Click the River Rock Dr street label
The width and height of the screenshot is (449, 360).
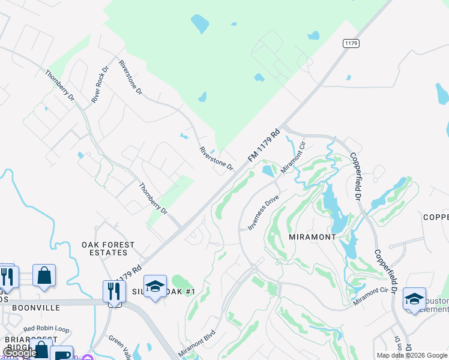[x=100, y=85]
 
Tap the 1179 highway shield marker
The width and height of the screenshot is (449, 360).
[x=351, y=43]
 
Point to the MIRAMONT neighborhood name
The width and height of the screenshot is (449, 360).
[x=312, y=237]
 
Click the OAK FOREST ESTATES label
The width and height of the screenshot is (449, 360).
[x=109, y=249]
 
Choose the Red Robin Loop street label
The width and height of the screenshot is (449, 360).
[x=46, y=329]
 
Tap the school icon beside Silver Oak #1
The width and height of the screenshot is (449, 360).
[x=155, y=287]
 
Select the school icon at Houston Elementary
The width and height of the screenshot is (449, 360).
[x=414, y=299]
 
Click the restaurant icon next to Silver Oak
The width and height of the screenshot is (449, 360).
[x=113, y=292]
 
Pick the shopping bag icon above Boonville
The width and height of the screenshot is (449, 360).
[x=44, y=276]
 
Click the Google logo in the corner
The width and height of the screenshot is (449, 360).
[x=20, y=353]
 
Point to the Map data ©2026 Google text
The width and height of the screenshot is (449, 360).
[x=412, y=355]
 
